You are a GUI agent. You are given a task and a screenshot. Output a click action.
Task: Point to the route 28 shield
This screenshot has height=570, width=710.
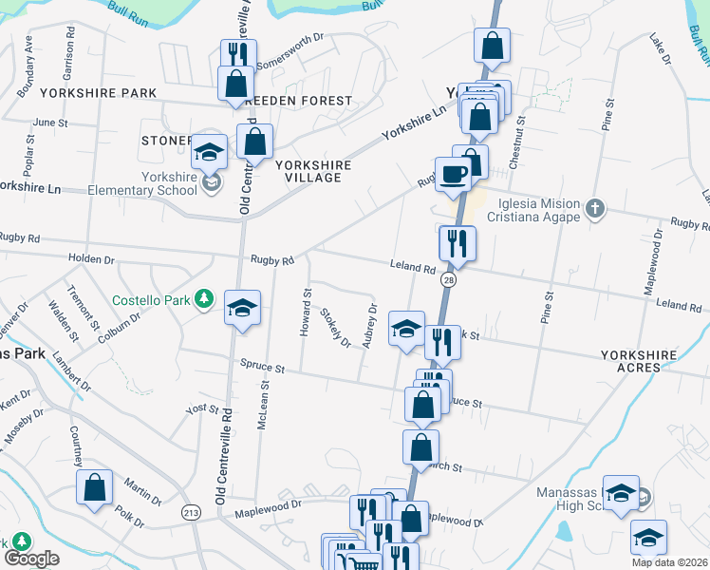pyautogui.click(x=449, y=280)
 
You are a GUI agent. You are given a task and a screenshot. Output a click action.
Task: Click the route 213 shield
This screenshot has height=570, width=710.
pyautogui.click(x=192, y=512)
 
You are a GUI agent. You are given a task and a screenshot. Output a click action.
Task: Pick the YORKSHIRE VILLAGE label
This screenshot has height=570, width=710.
pyautogui.click(x=313, y=171)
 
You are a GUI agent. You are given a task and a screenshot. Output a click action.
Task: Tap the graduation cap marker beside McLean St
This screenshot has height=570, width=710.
pyautogui.click(x=243, y=308)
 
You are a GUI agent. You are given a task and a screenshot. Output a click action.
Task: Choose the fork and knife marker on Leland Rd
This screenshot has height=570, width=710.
pyautogui.click(x=458, y=243)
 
